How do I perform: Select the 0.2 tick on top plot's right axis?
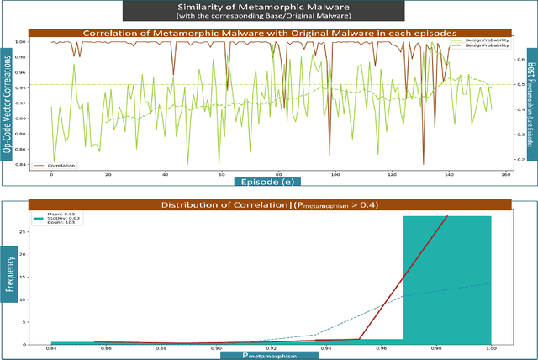pos(519,156)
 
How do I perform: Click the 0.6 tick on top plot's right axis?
pos(519,61)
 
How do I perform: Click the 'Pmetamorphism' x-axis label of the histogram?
pos(269,355)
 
